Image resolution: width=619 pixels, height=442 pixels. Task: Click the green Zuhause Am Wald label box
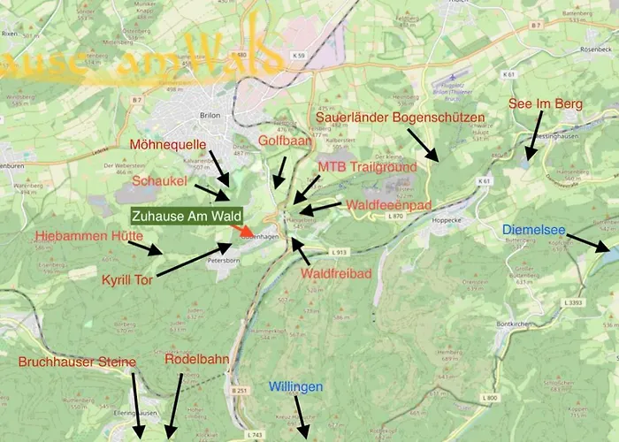click(x=187, y=216)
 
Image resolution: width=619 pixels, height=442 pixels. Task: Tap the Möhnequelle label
click(x=167, y=144)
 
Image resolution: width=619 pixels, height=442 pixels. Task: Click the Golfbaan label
click(x=281, y=141)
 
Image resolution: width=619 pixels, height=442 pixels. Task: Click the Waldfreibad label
click(x=335, y=274)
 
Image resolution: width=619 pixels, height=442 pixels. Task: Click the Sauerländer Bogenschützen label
click(x=401, y=117)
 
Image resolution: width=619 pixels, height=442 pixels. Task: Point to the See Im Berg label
click(x=545, y=104)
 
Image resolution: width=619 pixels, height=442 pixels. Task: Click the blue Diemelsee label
click(x=533, y=230)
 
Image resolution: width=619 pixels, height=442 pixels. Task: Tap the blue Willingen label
click(x=296, y=387)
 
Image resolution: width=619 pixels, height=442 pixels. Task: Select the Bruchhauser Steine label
click(x=77, y=362)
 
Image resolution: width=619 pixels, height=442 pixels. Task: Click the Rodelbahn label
click(x=196, y=360)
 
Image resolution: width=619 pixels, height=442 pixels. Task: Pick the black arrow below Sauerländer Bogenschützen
click(x=422, y=143)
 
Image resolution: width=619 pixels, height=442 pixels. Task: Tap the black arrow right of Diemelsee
click(x=587, y=243)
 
